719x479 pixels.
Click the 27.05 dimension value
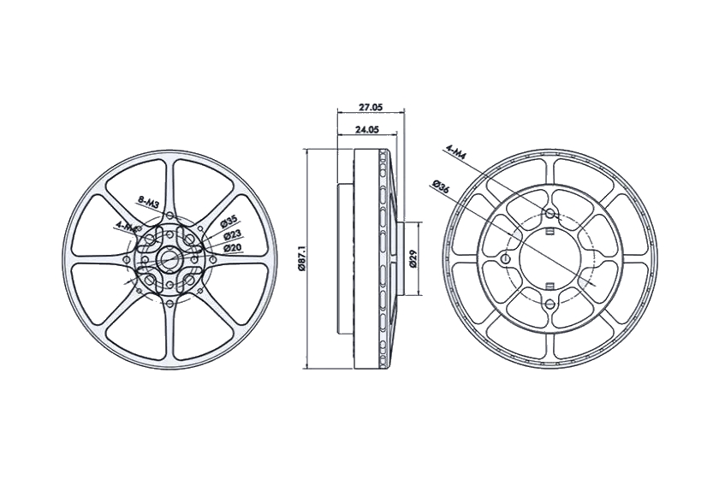[370, 109]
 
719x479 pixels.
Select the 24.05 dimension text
[366, 130]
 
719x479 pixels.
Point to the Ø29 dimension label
[412, 259]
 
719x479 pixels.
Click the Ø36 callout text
[442, 187]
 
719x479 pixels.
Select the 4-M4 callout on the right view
[455, 154]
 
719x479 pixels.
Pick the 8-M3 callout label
[149, 203]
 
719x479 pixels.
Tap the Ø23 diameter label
[231, 234]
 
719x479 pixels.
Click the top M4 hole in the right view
[550, 213]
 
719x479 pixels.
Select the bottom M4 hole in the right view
[550, 303]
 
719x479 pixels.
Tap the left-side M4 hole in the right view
[505, 258]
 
